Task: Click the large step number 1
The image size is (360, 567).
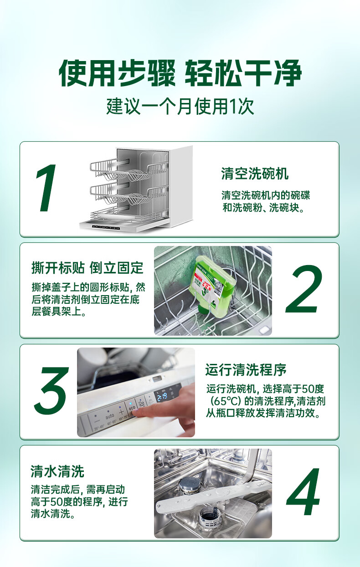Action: click(46, 188)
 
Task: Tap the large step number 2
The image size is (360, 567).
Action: click(304, 289)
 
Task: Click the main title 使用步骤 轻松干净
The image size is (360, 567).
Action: click(180, 73)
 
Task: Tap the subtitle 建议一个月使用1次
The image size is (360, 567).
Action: click(180, 106)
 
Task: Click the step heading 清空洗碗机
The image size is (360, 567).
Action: click(255, 174)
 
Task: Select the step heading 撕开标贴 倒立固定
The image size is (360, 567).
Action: click(87, 268)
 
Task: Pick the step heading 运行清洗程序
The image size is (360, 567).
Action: click(246, 369)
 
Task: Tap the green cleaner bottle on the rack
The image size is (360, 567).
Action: click(212, 284)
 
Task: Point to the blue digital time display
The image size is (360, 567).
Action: click(162, 397)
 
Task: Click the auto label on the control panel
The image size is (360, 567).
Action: click(110, 416)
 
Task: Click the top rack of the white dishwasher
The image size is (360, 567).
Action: click(129, 169)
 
